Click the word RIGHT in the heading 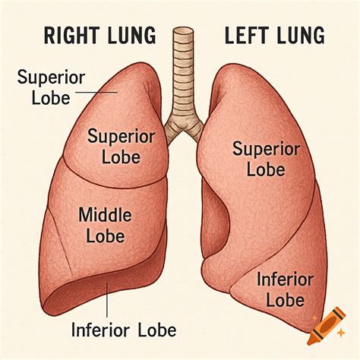(71, 36)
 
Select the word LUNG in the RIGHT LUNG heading (131, 36)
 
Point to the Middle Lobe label (105, 225)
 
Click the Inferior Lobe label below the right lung (124, 330)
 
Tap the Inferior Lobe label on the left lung (285, 289)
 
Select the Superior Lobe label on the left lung (266, 159)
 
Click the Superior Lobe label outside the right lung (51, 88)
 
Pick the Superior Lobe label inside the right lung (121, 147)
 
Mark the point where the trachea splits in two (184, 126)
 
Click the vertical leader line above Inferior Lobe (107, 301)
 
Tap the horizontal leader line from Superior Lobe (96, 93)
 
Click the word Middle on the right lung (105, 215)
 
